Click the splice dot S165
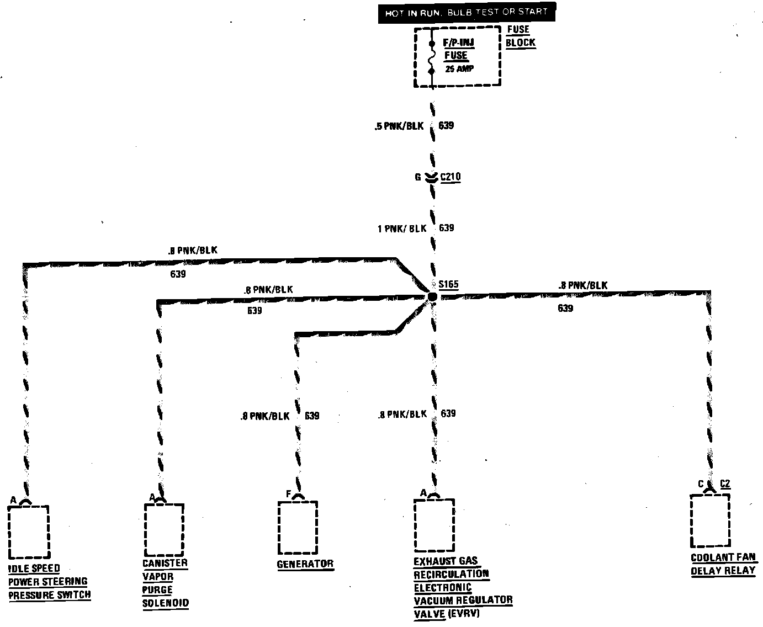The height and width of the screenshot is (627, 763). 432,297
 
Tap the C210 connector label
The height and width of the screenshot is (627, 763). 450,177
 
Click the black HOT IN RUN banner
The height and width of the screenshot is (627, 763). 467,12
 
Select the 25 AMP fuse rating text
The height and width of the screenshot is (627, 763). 459,70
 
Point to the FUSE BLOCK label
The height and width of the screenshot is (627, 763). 520,36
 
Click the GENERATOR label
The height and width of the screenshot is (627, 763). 305,564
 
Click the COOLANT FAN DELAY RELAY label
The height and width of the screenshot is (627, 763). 723,564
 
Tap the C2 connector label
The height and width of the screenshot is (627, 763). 725,484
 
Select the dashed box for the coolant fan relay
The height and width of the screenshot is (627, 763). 710,520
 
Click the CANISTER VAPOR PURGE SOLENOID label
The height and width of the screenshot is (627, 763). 165,583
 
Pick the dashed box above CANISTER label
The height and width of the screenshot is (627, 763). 163,529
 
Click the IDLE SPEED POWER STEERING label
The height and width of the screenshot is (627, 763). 49,582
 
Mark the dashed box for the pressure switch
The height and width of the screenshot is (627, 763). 29,532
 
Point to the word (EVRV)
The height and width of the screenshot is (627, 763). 463,613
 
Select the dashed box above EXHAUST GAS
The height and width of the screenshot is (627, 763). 434,525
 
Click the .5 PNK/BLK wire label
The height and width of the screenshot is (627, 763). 399,126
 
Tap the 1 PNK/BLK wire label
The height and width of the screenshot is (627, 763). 402,228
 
